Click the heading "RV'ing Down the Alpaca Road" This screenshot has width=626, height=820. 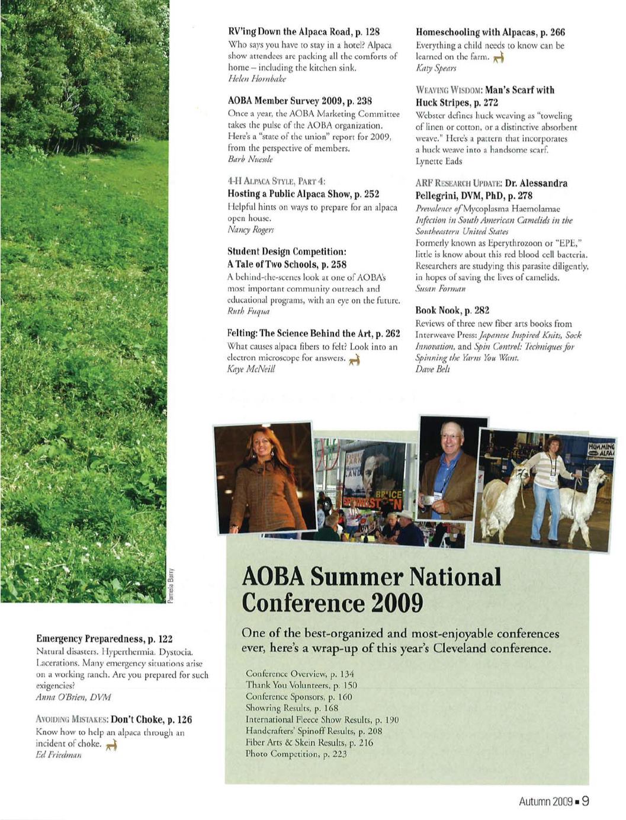303,32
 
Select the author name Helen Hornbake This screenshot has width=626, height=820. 257,79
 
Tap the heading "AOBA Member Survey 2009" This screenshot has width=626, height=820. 300,101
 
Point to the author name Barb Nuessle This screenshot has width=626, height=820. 250,159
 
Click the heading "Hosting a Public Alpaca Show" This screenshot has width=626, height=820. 303,194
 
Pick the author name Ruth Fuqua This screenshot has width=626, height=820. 249,311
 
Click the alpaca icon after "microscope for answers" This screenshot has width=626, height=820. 355,359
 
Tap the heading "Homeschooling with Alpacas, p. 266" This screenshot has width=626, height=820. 490,32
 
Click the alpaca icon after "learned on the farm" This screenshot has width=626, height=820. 499,57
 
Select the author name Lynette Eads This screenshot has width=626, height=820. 439,161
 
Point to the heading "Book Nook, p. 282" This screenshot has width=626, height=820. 452,310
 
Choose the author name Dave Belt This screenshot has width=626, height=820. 432,369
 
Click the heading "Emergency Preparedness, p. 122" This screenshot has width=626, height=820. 104,639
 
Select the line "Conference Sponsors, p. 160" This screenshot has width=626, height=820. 298,697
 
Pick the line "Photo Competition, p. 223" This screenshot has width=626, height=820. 296,754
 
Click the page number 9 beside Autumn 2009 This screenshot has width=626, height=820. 585,801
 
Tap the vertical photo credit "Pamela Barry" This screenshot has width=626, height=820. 171,585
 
